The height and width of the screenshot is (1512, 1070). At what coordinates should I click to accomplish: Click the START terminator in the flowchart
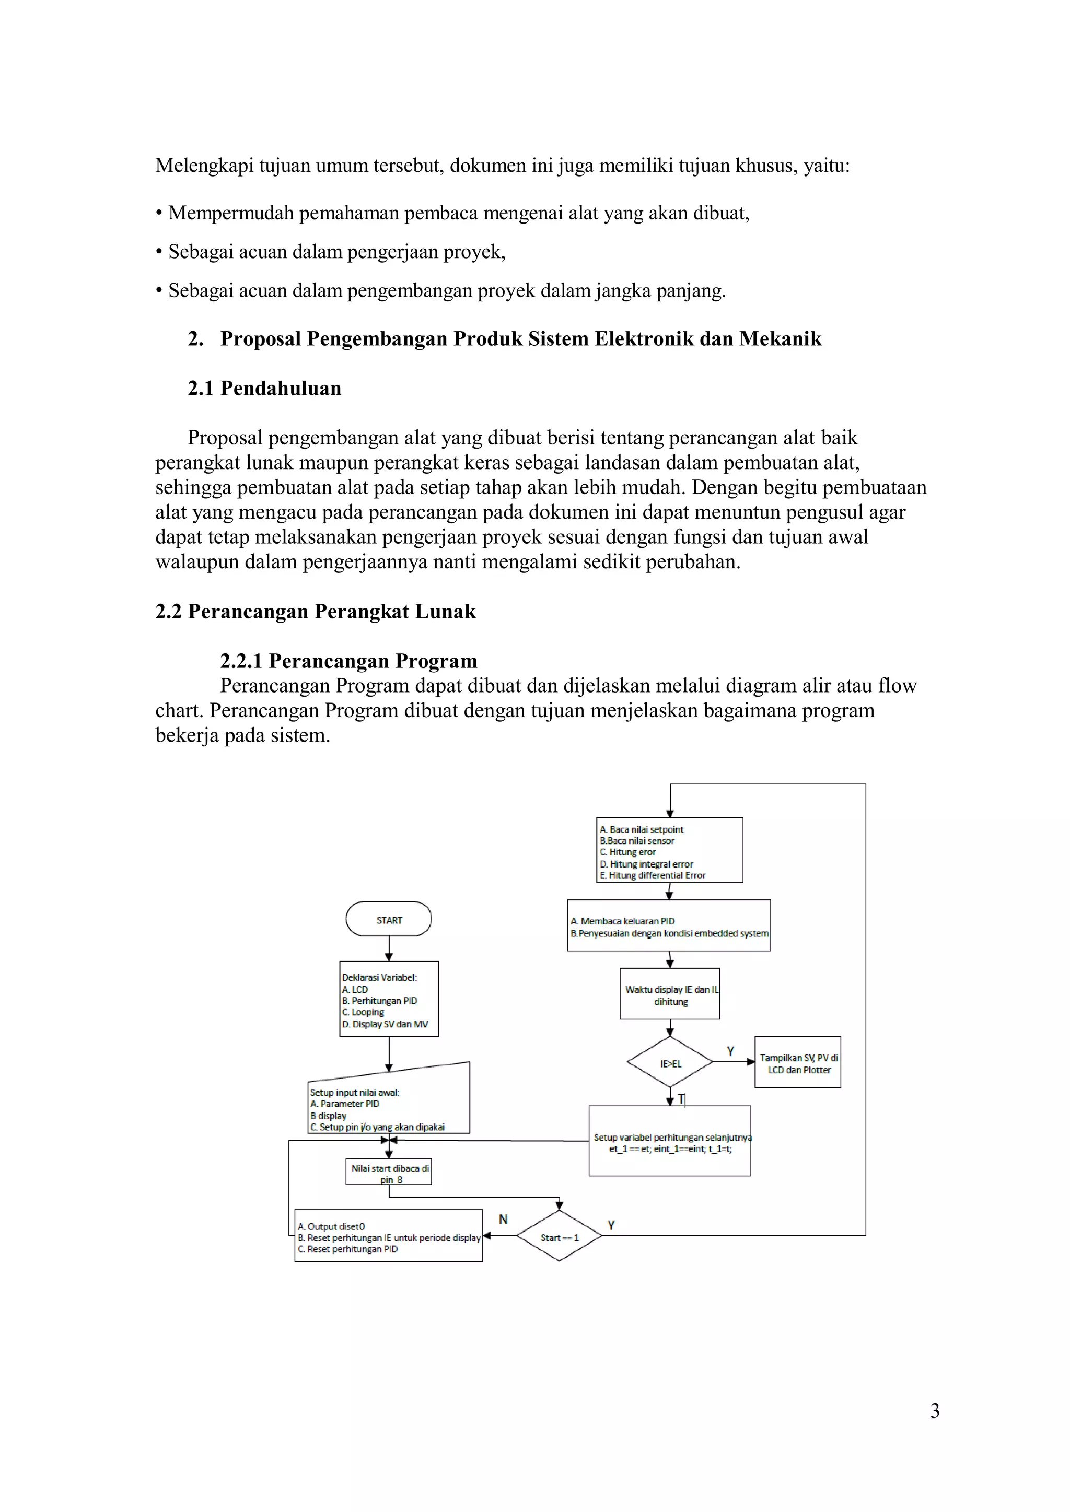(389, 919)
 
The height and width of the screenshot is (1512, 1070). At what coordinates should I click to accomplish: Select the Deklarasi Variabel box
(389, 1000)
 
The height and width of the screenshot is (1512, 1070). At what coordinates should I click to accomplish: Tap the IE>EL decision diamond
(670, 1063)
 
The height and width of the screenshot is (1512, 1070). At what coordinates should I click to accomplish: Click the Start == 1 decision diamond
(560, 1237)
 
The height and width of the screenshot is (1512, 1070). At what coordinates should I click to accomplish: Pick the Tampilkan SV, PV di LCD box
(798, 1063)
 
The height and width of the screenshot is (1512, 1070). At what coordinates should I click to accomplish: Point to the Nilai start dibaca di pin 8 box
(389, 1172)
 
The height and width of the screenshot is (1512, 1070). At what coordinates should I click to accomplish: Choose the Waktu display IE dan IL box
(670, 994)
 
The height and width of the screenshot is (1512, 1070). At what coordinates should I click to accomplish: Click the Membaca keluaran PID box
(669, 926)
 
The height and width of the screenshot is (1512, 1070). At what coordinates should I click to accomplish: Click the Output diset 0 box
(389, 1237)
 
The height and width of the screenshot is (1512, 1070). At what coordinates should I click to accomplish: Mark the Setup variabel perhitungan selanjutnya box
(670, 1142)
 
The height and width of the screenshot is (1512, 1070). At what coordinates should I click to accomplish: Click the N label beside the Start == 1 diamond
(503, 1219)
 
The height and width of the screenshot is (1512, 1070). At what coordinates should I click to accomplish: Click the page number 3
(934, 1411)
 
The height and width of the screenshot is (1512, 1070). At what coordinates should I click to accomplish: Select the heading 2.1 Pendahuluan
(264, 389)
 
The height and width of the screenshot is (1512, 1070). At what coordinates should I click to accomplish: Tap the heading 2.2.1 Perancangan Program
(348, 661)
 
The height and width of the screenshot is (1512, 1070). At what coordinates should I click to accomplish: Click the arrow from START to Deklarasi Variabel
(389, 948)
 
